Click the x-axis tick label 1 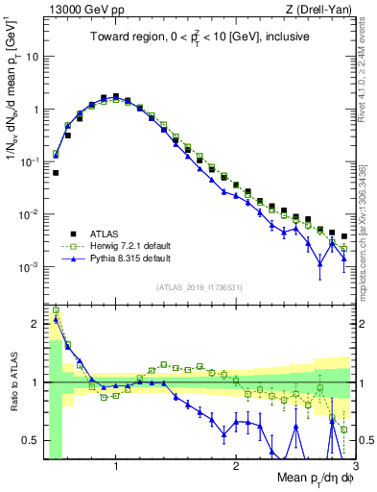coord(116,466)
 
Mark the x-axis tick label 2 coord(236,466)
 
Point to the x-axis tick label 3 coord(354,466)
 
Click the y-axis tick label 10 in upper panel coord(32,57)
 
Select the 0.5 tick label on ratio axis coord(30,440)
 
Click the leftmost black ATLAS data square coord(56,173)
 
